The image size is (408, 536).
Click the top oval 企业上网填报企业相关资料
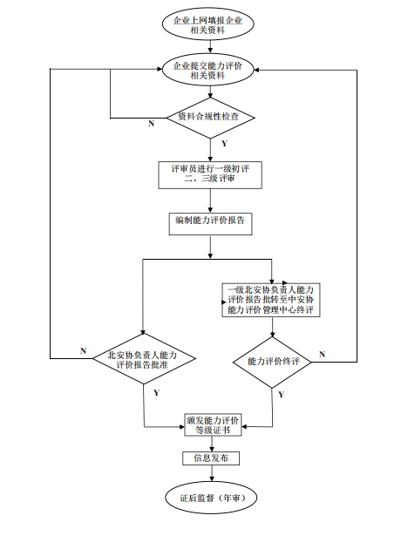208,25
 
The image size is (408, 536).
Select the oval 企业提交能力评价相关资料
208,71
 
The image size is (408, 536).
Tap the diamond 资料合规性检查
208,117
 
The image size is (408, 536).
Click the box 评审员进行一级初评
208,173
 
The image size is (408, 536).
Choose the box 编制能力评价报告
208,221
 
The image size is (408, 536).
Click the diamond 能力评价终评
272,360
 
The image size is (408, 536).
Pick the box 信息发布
208,458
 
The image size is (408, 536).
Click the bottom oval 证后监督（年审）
208,499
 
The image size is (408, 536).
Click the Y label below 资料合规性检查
225,142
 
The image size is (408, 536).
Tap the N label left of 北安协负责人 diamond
84,350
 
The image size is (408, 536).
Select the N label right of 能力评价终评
322,352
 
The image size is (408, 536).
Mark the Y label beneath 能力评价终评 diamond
281,394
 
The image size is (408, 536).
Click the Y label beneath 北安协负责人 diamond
156,393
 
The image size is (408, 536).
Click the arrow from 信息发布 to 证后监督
208,474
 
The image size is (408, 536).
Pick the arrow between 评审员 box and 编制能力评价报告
208,200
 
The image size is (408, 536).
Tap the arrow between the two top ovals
208,48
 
